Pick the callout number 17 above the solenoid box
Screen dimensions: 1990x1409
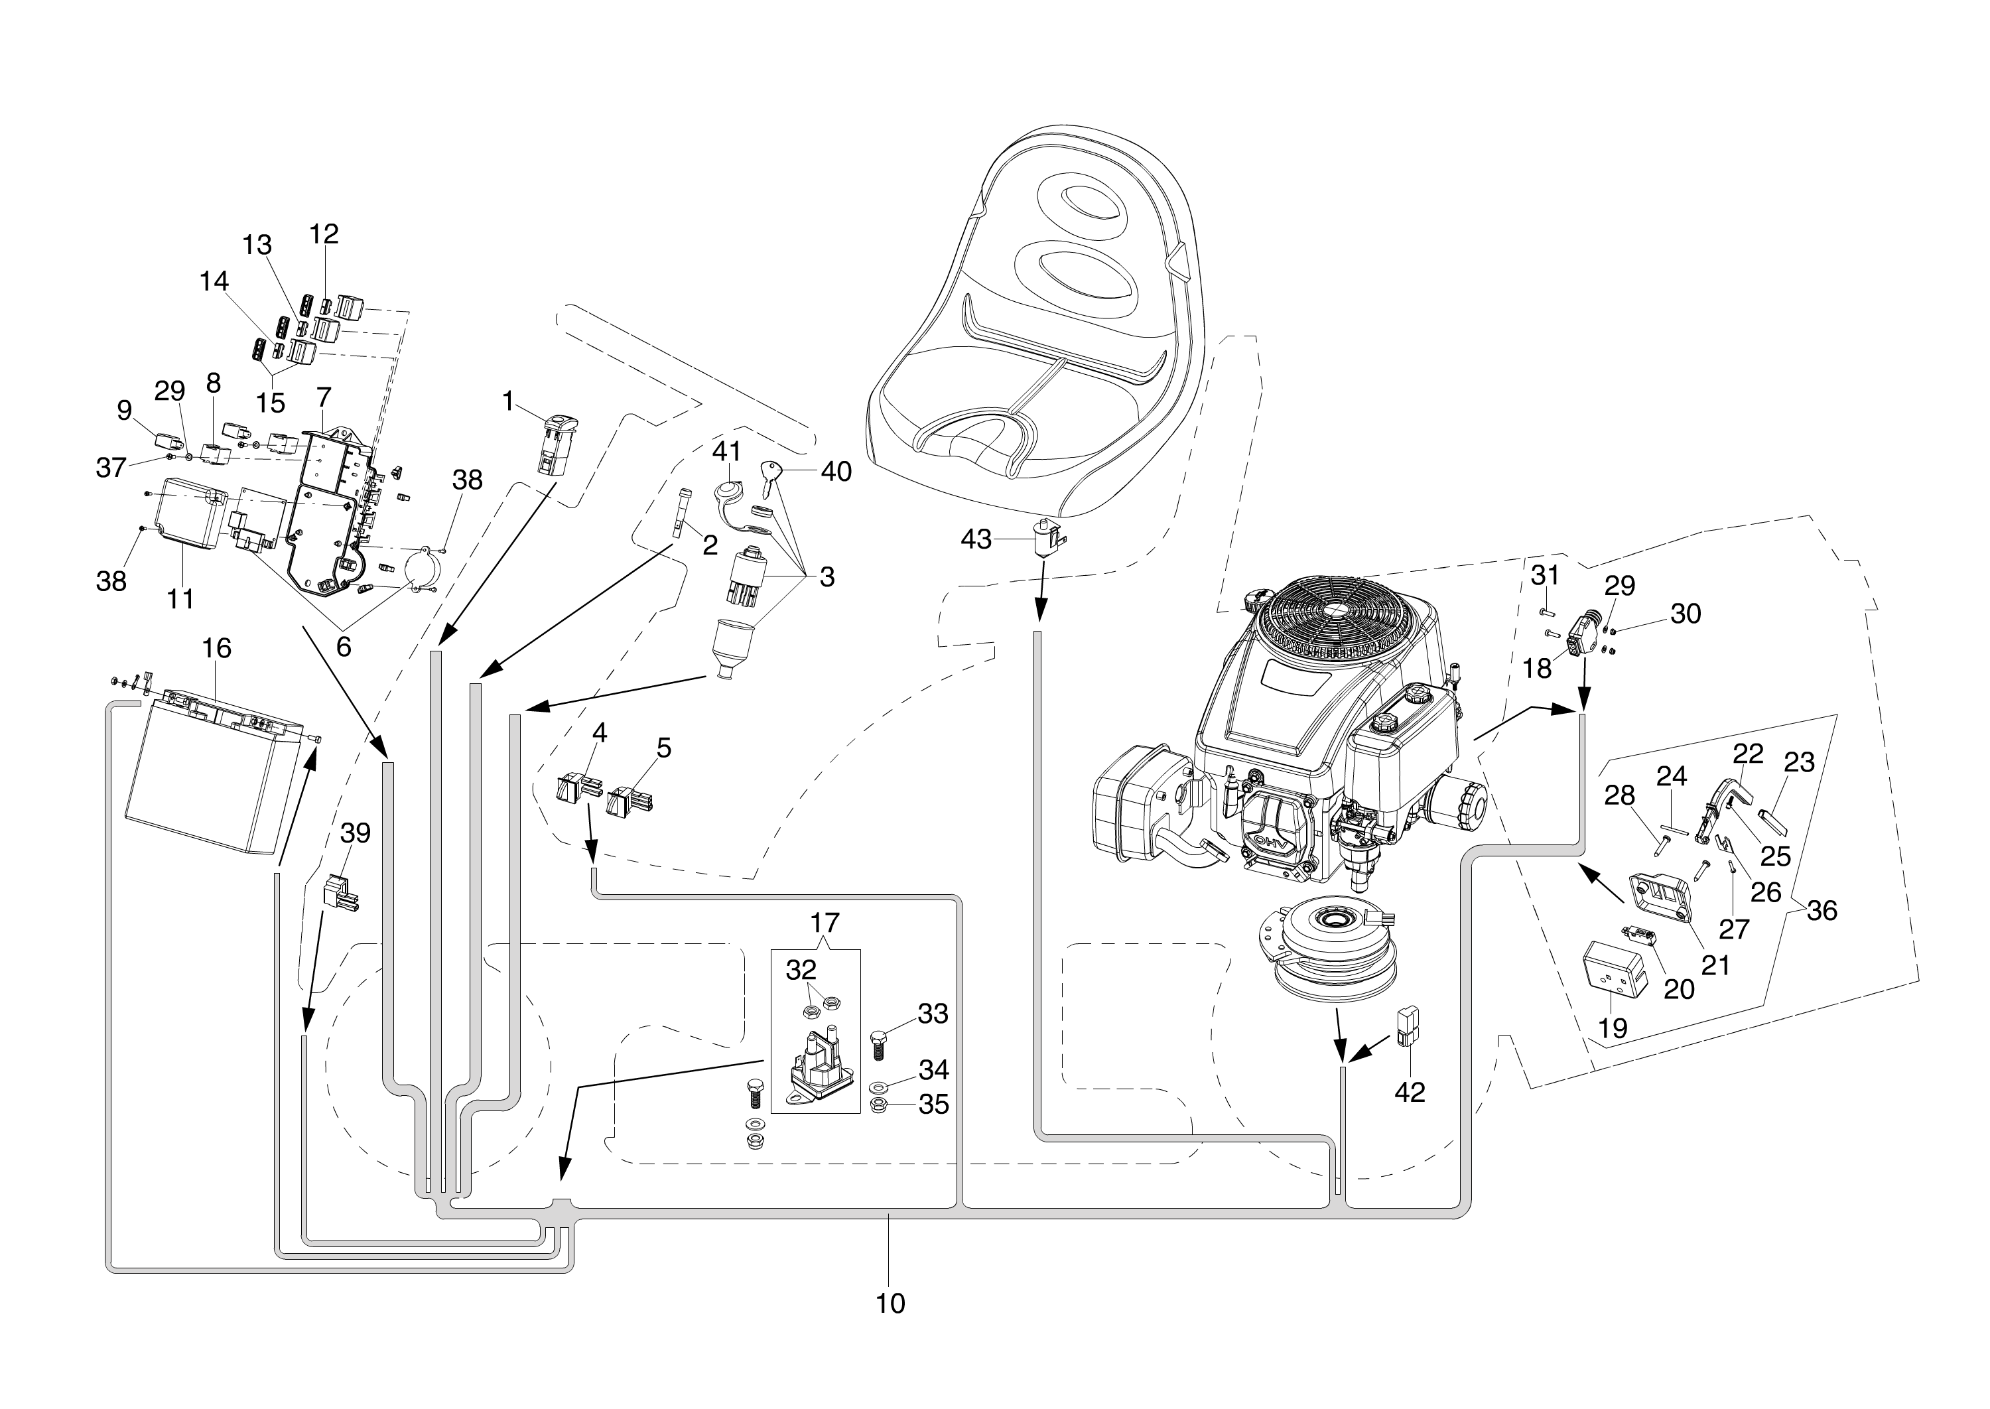point(825,921)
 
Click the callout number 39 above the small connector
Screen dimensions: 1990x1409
point(356,833)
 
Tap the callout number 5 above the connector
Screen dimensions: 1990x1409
point(663,748)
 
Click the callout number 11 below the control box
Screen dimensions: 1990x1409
point(180,598)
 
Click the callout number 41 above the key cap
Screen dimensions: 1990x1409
point(727,451)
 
